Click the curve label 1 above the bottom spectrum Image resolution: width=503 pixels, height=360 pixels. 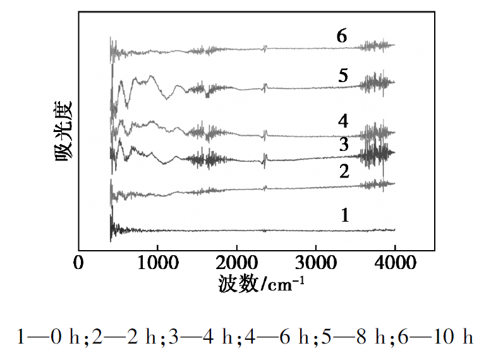(344, 215)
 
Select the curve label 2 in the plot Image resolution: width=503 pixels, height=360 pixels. (344, 171)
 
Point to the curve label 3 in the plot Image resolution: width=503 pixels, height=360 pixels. (343, 145)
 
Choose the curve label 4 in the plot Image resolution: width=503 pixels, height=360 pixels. (343, 120)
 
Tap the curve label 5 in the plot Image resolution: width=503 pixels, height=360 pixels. (343, 76)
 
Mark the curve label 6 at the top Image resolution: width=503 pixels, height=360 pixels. (342, 36)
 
